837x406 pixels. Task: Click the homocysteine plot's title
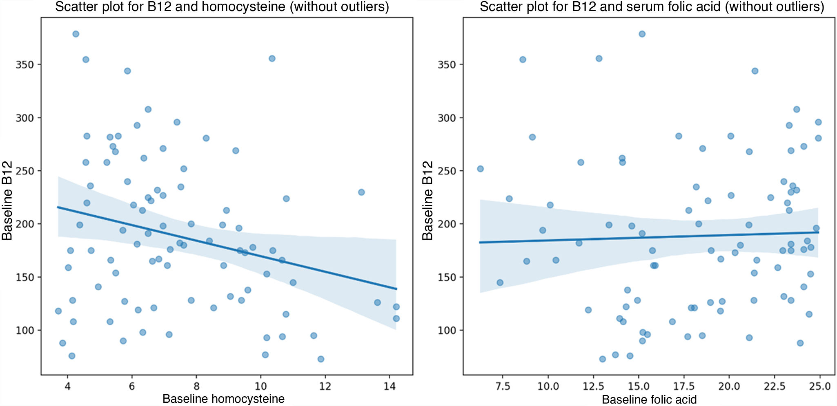click(x=222, y=7)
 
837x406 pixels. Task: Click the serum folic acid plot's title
click(x=652, y=7)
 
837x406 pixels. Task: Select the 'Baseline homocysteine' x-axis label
click(x=223, y=398)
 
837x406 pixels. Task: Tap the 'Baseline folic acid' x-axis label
click(x=649, y=399)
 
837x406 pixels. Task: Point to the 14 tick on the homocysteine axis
click(x=390, y=386)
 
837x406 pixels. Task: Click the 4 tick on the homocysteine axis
click(x=67, y=386)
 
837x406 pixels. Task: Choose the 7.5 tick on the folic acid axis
click(x=503, y=386)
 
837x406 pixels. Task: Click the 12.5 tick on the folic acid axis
click(x=593, y=386)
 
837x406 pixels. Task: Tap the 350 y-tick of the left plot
click(x=25, y=65)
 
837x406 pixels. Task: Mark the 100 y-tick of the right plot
click(x=447, y=331)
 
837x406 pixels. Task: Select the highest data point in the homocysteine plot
click(x=76, y=34)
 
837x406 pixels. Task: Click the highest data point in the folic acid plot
click(x=642, y=34)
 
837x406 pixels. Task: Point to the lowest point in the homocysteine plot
click(x=321, y=359)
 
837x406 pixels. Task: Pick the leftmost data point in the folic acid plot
click(x=480, y=169)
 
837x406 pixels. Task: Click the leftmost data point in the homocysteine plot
click(x=58, y=311)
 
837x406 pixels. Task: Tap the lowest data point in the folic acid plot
click(x=602, y=359)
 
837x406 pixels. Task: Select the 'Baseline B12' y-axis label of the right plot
click(x=427, y=201)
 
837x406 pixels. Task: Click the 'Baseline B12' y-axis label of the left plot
click(x=7, y=201)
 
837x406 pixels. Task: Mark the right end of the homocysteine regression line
click(x=396, y=289)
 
